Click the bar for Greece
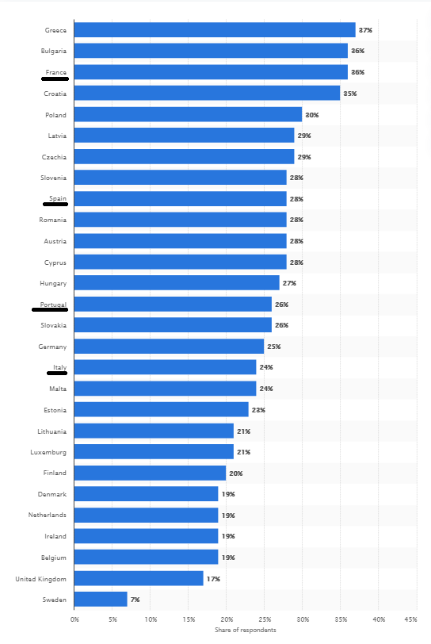215,30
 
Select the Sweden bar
101,600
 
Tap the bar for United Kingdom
139,578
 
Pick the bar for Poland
188,114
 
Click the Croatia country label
55,94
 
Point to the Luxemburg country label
48,452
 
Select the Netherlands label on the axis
48,515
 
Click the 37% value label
365,30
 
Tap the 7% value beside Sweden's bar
135,600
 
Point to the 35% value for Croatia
350,94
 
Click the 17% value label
213,579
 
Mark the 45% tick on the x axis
411,619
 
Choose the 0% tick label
74,619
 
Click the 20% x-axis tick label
227,619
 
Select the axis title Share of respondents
246,630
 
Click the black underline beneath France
55,78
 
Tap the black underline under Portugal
50,309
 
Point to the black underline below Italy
57,373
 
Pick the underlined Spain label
58,198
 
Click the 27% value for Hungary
289,283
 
